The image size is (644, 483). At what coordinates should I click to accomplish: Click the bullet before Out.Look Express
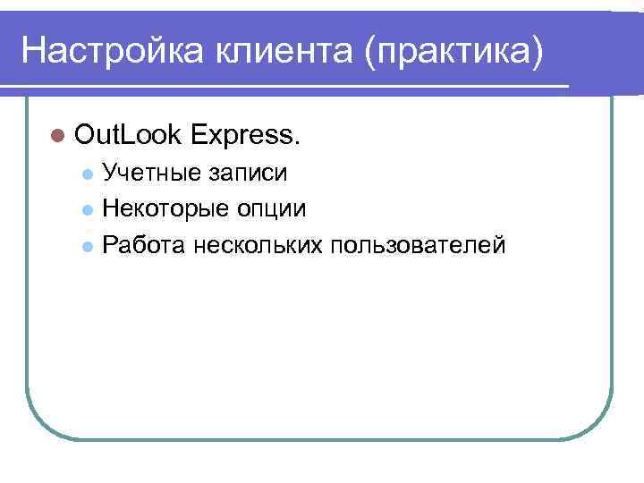coord(58,136)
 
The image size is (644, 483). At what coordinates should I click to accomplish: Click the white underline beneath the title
coord(286,86)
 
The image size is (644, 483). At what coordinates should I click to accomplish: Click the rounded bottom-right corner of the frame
coord(600,425)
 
